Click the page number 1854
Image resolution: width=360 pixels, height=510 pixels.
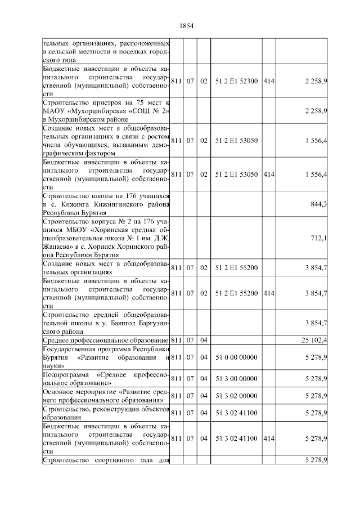tap(186, 26)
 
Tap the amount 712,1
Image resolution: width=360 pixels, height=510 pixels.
tap(319, 238)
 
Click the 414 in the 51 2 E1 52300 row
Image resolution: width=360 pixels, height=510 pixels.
tap(268, 81)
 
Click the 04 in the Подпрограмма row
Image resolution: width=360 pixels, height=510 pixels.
tap(204, 378)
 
